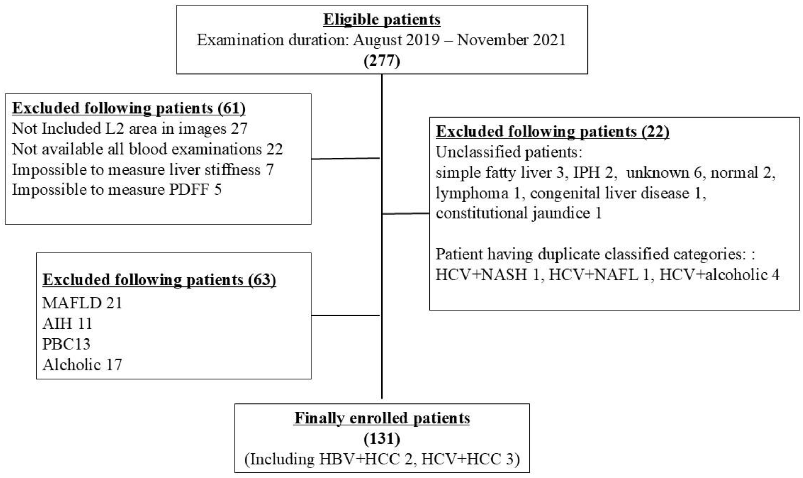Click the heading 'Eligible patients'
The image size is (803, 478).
382,19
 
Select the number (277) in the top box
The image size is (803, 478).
382,60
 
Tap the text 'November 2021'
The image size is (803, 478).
511,40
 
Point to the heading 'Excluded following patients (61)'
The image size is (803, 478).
129,108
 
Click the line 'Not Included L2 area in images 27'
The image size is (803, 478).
129,129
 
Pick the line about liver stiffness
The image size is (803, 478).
143,170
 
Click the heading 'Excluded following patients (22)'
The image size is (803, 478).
552,131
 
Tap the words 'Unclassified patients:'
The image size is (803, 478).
509,152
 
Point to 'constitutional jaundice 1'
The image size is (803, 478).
519,213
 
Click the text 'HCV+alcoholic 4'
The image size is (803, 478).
719,275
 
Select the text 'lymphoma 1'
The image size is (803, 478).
478,193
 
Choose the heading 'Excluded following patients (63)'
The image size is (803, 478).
159,280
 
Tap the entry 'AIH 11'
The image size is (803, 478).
67,324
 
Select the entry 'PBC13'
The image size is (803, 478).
66,344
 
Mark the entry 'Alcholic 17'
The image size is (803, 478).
82,365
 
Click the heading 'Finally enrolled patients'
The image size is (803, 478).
382,418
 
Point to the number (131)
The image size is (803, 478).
382,439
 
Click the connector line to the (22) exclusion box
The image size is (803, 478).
406,214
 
